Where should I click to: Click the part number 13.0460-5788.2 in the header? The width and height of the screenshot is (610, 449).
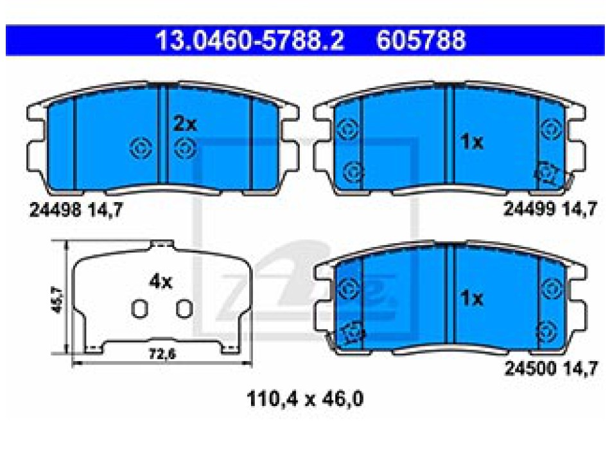(x=250, y=40)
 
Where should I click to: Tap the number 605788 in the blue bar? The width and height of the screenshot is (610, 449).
(x=421, y=40)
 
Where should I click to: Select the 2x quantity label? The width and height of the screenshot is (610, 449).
(x=185, y=124)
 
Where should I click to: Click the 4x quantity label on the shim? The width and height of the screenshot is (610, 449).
(x=161, y=282)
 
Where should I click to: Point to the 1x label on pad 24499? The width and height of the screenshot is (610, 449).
(x=471, y=142)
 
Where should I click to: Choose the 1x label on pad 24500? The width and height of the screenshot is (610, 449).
(x=471, y=298)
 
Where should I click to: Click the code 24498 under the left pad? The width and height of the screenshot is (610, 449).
(x=56, y=210)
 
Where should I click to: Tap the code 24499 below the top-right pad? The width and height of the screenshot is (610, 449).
(x=529, y=210)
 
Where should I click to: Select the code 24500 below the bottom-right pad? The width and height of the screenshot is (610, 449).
(x=530, y=368)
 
